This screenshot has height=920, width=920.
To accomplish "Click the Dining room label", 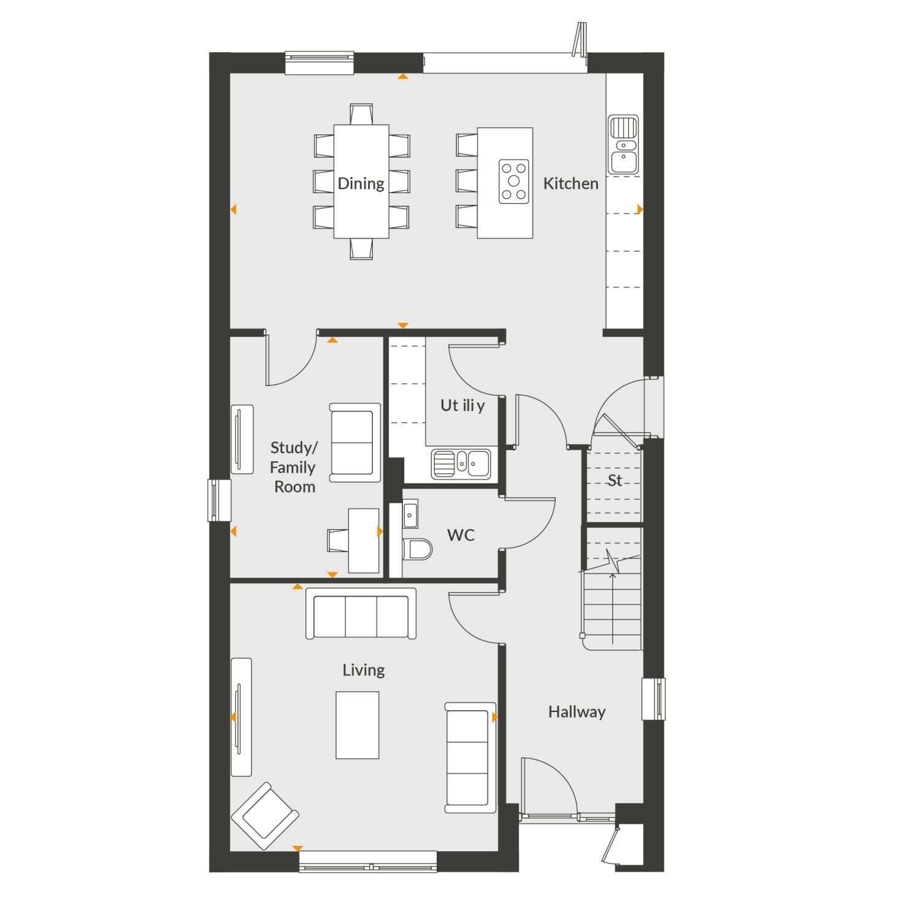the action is point(361,183).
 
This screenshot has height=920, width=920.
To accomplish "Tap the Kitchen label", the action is point(570,183).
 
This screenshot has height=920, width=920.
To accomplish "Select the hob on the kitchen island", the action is point(514,181).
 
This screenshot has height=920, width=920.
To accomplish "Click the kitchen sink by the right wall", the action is point(624,144).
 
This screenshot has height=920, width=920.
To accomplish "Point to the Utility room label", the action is point(462,405).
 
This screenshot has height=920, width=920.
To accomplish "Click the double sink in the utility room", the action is point(461,464).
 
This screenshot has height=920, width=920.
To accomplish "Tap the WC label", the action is point(461,535).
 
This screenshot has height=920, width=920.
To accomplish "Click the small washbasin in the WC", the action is point(410,513).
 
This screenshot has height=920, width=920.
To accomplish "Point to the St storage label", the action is point(615,480).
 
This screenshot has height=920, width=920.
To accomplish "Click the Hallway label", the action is point(577,711).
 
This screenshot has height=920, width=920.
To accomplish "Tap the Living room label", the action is point(364,670).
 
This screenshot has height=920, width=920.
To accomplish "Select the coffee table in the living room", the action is point(358,725).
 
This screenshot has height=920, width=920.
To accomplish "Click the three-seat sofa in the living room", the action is point(361,614).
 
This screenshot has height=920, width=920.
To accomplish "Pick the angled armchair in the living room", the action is point(265,816).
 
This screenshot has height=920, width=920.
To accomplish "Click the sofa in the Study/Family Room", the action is point(355,442).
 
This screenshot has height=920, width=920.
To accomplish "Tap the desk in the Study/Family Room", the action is point(364,540).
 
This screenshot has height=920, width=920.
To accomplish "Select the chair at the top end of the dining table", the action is point(362,114).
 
